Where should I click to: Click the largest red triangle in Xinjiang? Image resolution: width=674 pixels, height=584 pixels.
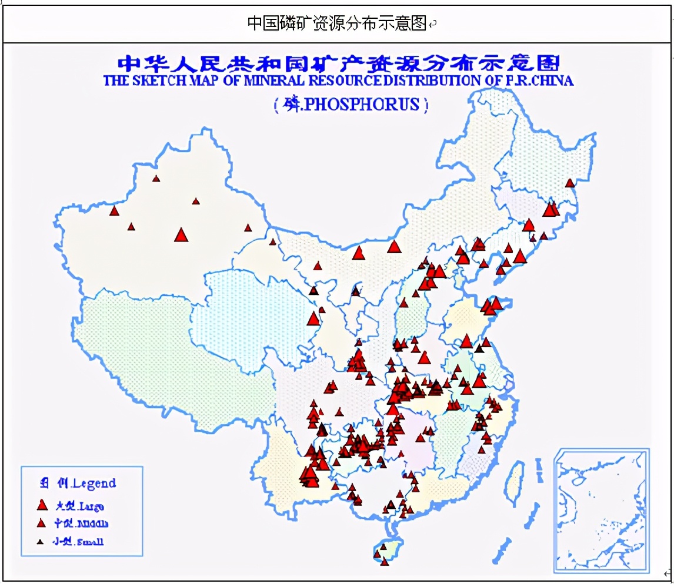pos(181,235)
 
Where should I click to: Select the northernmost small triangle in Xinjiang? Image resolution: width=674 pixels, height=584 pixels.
pos(156,179)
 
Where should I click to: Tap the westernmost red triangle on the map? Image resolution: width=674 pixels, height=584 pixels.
pos(115,210)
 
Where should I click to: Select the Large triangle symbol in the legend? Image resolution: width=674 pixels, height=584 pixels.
pos(42,505)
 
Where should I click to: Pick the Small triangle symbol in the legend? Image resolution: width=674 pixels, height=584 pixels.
pos(41,542)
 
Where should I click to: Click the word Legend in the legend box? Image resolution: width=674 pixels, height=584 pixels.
pos(94,484)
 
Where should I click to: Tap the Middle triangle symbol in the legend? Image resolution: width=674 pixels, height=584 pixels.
pos(41,523)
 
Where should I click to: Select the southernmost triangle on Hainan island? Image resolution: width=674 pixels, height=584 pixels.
pos(385,562)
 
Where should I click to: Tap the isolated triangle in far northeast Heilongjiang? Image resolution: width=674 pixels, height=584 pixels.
pos(569,183)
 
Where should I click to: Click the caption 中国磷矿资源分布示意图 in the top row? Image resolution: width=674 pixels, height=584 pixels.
pos(336,23)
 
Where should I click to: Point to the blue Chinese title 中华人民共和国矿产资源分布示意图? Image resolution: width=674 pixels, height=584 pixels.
pos(338,63)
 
